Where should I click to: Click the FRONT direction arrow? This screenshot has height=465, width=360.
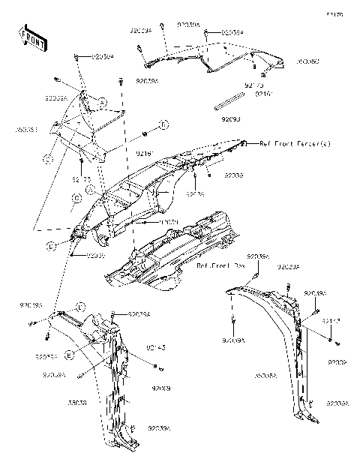point(30,38)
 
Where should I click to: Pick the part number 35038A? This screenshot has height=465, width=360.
point(266,373)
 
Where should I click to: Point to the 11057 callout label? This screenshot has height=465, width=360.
point(167,223)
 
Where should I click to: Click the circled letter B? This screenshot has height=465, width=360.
point(163,123)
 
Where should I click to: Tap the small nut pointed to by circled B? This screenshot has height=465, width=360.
point(143,133)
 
